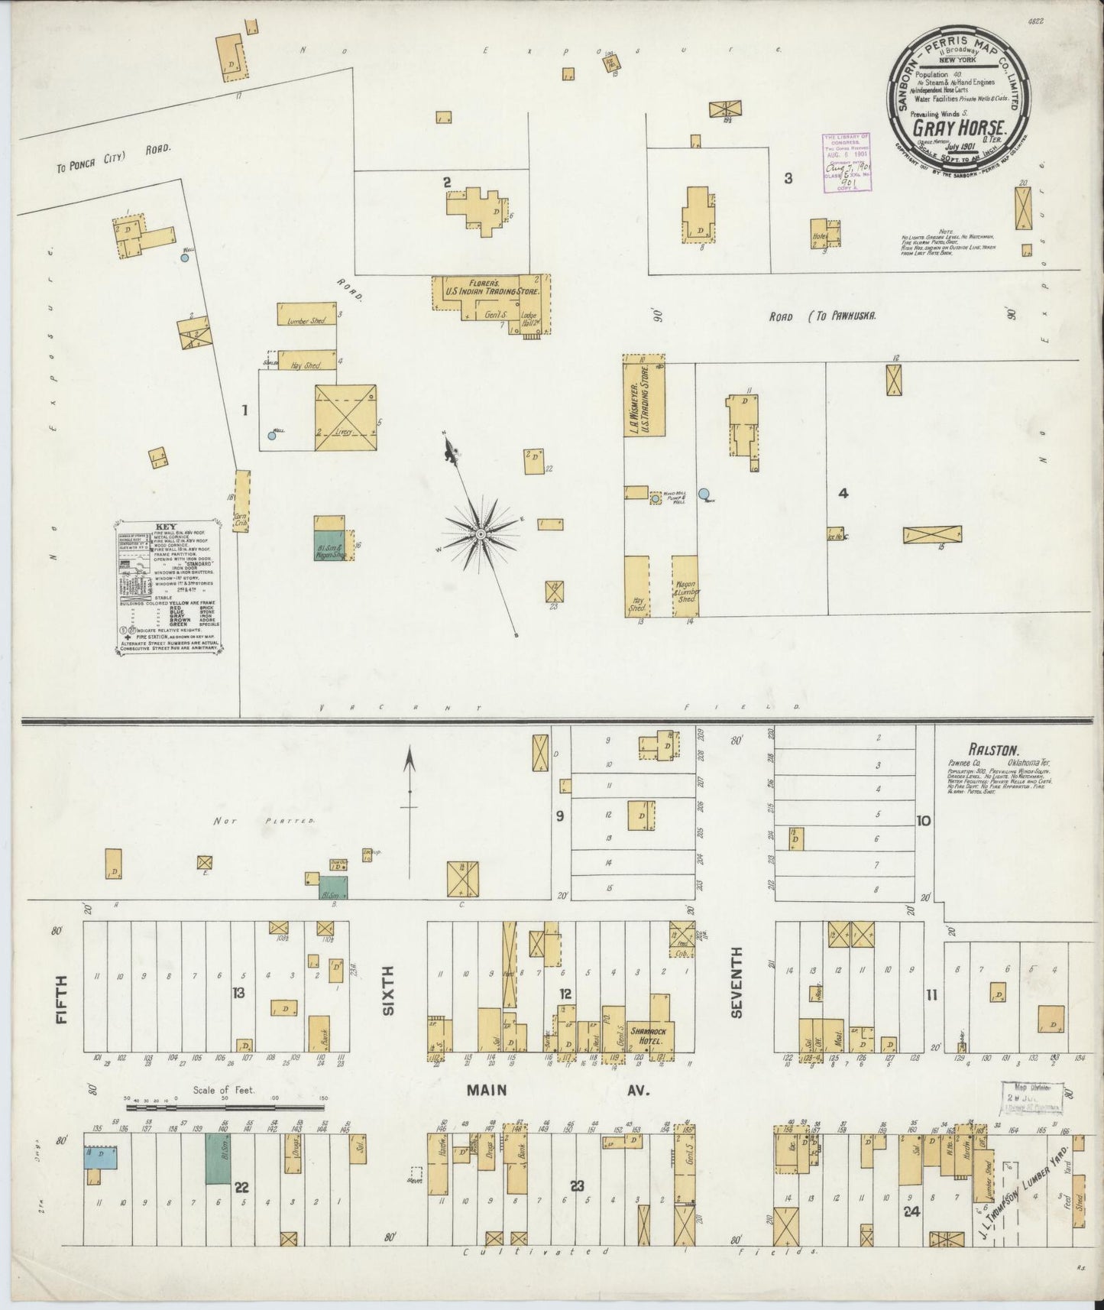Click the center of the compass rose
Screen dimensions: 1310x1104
tap(481, 533)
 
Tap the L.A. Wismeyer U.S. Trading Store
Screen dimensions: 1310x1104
tap(643, 397)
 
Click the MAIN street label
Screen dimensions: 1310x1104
tap(487, 1089)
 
